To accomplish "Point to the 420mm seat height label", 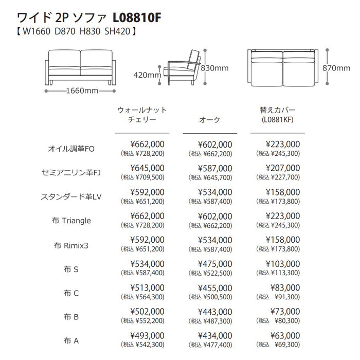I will (147, 75).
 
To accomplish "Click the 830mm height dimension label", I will (214, 67).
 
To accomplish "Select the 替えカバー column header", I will (278, 115).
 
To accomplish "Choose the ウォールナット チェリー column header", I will (142, 115).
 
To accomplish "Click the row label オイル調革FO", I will (71, 149).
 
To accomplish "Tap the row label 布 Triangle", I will (71, 221).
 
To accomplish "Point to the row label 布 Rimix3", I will (71, 245).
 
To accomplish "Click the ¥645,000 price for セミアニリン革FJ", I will (147, 168).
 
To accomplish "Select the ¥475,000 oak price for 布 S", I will (214, 264).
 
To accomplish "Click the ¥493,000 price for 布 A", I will (147, 335).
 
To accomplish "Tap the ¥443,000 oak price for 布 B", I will (214, 312).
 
